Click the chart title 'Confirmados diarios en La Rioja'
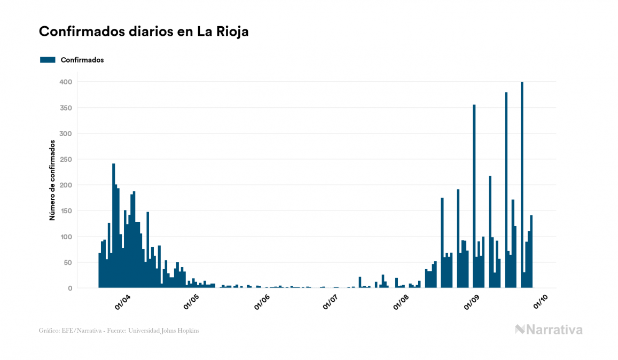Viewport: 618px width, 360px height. coord(144,32)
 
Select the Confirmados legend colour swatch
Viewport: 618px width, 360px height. coord(48,60)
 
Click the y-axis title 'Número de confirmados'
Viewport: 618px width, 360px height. coord(52,181)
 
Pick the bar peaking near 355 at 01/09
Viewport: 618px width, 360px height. coord(474,198)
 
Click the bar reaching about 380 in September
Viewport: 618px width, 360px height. coord(506,192)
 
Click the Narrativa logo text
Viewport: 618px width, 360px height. coord(554,330)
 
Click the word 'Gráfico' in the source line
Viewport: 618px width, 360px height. coord(49,331)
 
